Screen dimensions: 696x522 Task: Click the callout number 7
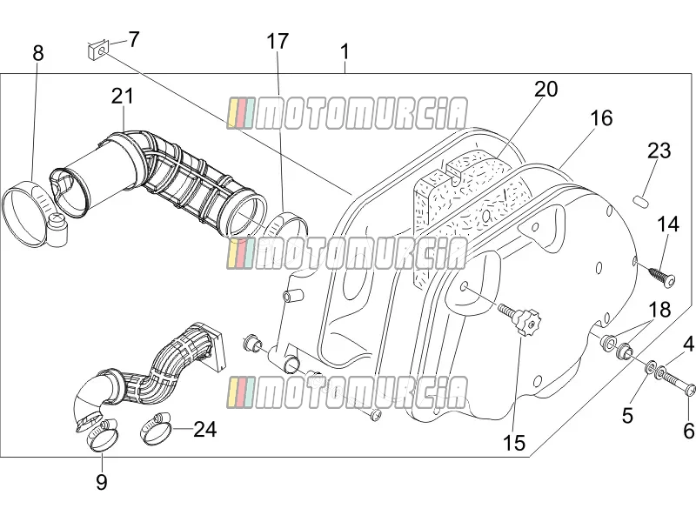pyautogui.click(x=134, y=39)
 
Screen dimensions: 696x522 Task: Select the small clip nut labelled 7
pyautogui.click(x=98, y=49)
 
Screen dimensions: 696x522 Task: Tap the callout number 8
pyautogui.click(x=38, y=53)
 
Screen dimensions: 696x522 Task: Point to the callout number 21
pyautogui.click(x=122, y=96)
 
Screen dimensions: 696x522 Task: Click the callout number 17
pyautogui.click(x=278, y=41)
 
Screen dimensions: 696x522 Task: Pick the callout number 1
pyautogui.click(x=345, y=52)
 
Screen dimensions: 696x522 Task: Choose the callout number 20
pyautogui.click(x=545, y=90)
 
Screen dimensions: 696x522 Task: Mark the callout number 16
pyautogui.click(x=601, y=118)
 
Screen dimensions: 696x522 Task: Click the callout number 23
pyautogui.click(x=659, y=151)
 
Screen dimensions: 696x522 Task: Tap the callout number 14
pyautogui.click(x=667, y=224)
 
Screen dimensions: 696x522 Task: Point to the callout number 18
pyautogui.click(x=659, y=310)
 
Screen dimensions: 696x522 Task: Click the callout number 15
pyautogui.click(x=514, y=443)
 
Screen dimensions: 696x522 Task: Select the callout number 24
pyautogui.click(x=205, y=429)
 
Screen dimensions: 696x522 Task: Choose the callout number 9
pyautogui.click(x=102, y=482)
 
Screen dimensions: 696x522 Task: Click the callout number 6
pyautogui.click(x=688, y=430)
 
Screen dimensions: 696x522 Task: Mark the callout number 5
pyautogui.click(x=627, y=416)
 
